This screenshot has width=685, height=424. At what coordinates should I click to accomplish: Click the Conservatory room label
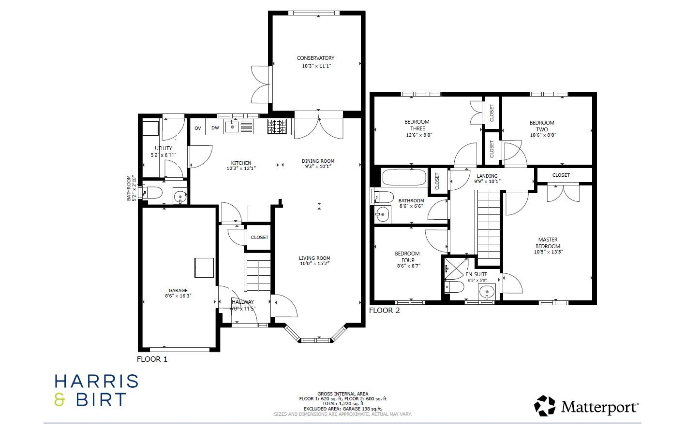point(315,58)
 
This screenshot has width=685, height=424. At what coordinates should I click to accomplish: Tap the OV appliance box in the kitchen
point(198,128)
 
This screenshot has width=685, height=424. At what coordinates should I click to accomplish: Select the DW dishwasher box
point(215,128)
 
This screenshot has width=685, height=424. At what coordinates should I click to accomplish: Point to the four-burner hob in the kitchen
point(277,127)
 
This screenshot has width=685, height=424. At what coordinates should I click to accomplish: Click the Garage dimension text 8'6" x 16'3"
point(178,296)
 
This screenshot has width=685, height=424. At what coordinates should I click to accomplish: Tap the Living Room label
point(314,258)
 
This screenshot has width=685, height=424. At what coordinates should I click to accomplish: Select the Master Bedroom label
point(548,242)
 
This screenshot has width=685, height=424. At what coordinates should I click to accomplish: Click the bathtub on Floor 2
point(404,177)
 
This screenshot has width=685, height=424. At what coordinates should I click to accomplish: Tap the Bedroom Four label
point(407,256)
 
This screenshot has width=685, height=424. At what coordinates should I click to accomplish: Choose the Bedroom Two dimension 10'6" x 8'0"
point(542,136)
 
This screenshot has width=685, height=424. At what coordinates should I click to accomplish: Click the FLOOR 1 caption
point(152,359)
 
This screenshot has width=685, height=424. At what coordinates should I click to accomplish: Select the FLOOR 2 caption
point(385,311)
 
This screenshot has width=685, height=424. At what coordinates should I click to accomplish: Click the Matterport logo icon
point(545,406)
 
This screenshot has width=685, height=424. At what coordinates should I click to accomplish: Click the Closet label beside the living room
point(260,238)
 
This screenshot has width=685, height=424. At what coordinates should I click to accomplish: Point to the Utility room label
point(164,148)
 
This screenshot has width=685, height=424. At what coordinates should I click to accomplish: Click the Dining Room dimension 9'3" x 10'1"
point(318,167)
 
